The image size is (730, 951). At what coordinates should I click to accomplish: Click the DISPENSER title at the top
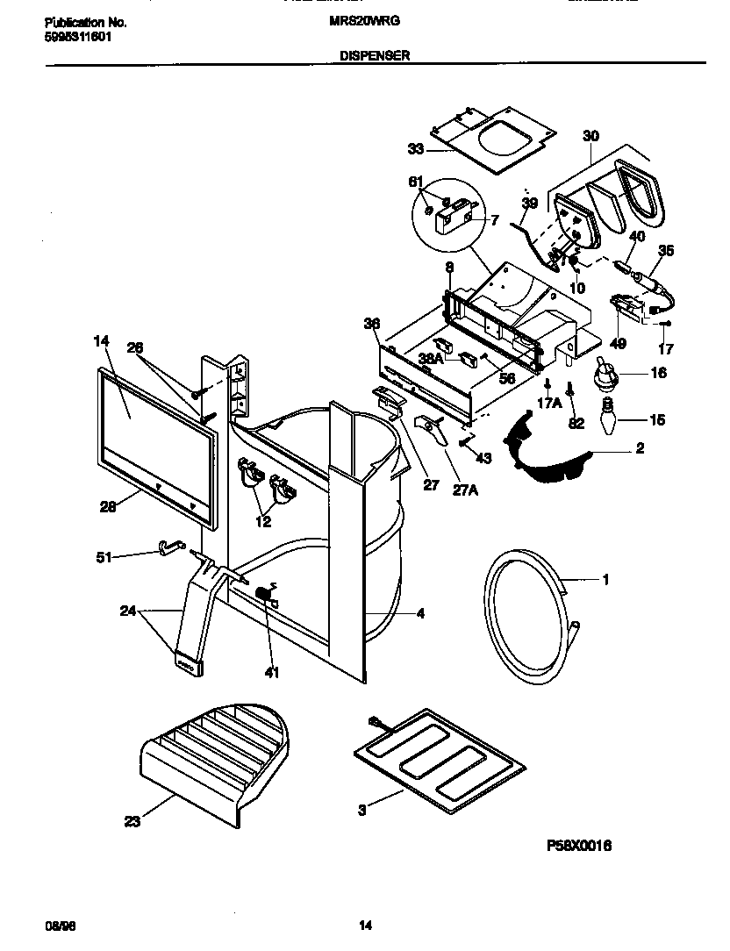(374, 54)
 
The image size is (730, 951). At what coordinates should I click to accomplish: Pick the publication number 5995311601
(78, 38)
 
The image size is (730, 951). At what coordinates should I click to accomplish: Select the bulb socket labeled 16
(604, 375)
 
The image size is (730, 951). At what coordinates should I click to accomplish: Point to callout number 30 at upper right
(590, 136)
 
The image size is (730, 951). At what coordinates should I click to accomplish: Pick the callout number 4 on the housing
(420, 613)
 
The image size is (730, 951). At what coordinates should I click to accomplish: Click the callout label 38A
(430, 358)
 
